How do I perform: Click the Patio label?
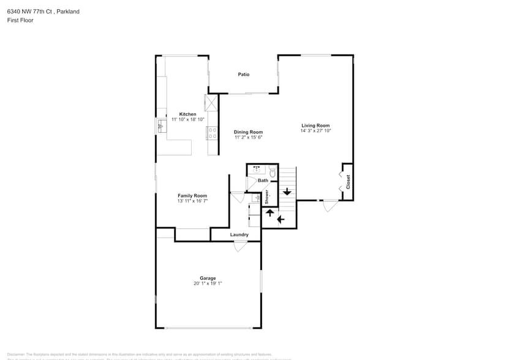point(244,75)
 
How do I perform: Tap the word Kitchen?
point(187,114)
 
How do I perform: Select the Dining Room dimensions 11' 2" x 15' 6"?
point(248,137)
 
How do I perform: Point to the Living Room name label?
point(315,126)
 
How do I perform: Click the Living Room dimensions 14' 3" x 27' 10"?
point(315,130)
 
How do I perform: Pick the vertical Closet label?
point(349,182)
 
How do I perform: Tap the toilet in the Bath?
point(273,174)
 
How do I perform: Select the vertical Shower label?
point(267,197)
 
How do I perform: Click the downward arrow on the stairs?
point(287,191)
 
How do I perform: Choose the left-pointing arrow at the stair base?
point(281,219)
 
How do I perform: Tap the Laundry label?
point(239,234)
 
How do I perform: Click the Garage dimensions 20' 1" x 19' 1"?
point(208,283)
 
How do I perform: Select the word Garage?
point(208,278)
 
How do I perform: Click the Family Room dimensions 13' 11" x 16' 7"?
point(192,201)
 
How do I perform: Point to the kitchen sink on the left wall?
point(162,126)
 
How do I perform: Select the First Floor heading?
point(20,20)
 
